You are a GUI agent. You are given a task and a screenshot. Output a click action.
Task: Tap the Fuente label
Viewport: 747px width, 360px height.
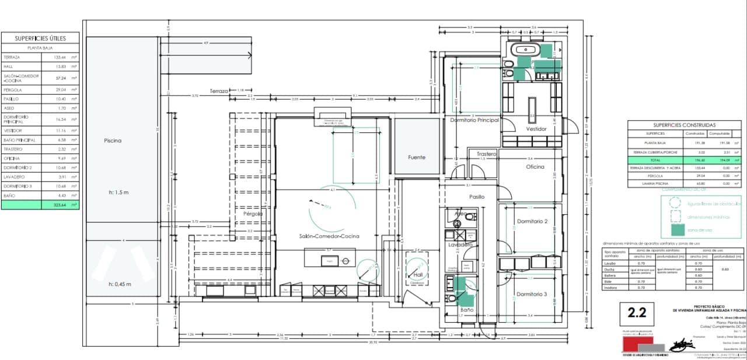(x=417, y=158)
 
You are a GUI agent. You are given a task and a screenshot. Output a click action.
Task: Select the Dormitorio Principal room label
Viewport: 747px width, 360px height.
(x=474, y=120)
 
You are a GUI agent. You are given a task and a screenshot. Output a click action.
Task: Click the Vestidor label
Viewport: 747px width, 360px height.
(x=536, y=128)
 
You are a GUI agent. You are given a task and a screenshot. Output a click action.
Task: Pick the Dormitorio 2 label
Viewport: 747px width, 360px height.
(x=532, y=222)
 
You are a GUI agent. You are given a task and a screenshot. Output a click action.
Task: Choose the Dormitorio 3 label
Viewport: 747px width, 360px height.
(x=532, y=294)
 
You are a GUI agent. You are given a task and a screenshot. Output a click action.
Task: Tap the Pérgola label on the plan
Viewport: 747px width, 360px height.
(x=253, y=214)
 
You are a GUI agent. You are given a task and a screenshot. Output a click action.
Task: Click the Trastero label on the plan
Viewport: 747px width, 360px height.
(x=486, y=154)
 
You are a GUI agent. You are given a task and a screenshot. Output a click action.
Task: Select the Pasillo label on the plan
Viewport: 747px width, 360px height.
(x=477, y=197)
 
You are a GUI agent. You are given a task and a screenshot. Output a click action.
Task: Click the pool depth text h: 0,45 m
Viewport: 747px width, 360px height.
(x=120, y=284)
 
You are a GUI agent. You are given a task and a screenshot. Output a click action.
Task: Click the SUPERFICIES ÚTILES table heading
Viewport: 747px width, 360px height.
(x=40, y=39)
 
